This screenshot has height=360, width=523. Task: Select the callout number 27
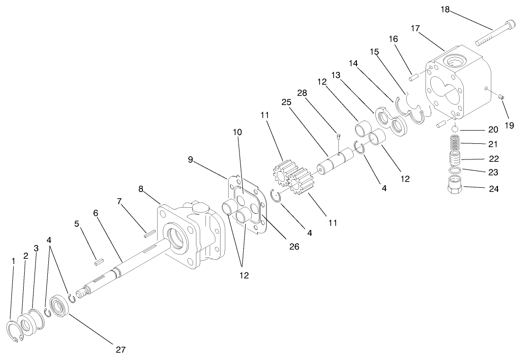[120, 350]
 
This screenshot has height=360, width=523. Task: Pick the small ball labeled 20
[454, 129]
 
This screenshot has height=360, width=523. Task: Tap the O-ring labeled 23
[454, 170]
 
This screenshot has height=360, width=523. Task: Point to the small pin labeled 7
[148, 232]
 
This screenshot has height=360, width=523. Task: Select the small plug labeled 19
[502, 97]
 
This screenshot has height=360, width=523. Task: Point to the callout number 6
[96, 213]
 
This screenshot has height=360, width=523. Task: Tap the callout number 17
[415, 28]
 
